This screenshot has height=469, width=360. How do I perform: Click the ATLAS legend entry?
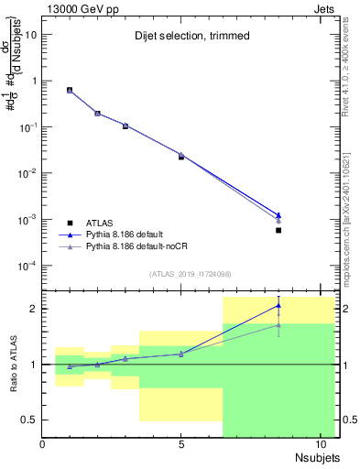(103, 223)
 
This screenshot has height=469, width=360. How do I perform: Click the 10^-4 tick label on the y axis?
(27, 267)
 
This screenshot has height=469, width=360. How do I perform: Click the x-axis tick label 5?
(181, 444)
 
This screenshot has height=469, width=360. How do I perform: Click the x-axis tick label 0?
(43, 444)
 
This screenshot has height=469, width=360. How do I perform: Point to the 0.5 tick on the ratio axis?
(30, 420)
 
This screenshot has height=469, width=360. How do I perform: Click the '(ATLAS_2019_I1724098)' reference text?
(191, 274)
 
